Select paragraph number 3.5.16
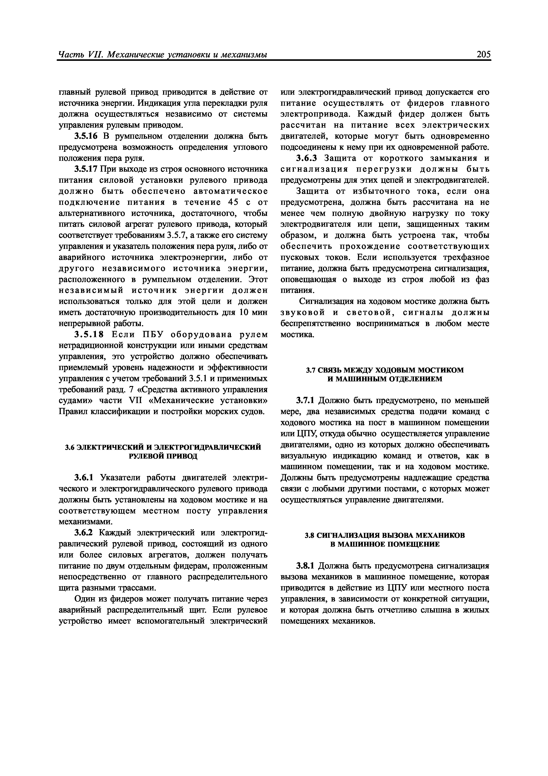[x=86, y=136]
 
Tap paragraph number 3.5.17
[x=86, y=169]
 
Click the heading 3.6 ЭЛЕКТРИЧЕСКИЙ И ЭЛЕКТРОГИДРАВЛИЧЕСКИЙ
[x=163, y=447]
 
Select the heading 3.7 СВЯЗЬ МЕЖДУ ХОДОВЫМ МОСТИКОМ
[x=385, y=370]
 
